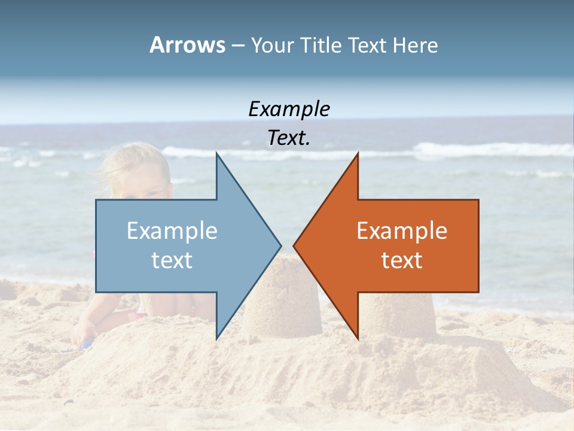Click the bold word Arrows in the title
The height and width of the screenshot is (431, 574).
point(187,45)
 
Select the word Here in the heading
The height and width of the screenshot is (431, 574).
point(415,45)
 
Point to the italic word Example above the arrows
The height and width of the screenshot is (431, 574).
point(289,110)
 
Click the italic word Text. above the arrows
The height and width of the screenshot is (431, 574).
point(289,138)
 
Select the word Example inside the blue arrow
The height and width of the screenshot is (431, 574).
point(172,231)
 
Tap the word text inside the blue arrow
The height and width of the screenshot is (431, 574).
point(172,260)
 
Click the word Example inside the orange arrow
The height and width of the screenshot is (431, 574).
point(402,231)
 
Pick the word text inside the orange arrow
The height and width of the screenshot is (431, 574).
point(402,260)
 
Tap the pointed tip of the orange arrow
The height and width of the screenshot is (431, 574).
point(294,245)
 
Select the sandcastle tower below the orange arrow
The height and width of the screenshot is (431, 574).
point(398,314)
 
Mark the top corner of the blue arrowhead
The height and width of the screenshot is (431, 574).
point(217,153)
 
